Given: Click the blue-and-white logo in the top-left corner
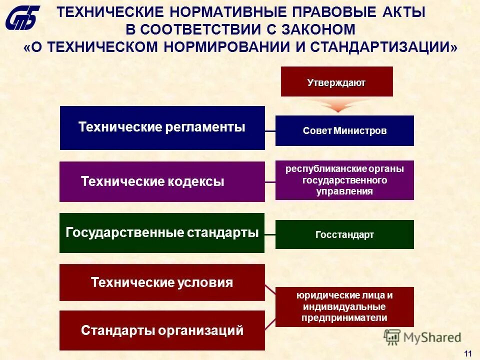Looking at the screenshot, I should (23, 18).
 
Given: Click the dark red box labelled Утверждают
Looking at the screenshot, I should (336, 81).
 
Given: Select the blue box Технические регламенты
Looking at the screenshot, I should (162, 127).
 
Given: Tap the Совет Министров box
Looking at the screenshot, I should (344, 131).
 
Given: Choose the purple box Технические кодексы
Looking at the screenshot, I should (162, 181).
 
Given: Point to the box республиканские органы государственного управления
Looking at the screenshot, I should (344, 180).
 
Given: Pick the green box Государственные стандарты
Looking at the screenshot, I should (162, 233).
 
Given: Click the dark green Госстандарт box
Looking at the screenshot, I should (344, 234).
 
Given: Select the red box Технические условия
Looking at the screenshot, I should (162, 282).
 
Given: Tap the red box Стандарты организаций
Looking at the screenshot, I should (162, 330).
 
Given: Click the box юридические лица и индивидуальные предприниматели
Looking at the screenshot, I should (344, 306).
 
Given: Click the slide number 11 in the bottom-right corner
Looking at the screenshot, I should (468, 353).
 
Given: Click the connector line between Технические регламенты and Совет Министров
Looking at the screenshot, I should (270, 131).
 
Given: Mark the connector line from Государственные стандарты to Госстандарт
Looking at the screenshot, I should (270, 234).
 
